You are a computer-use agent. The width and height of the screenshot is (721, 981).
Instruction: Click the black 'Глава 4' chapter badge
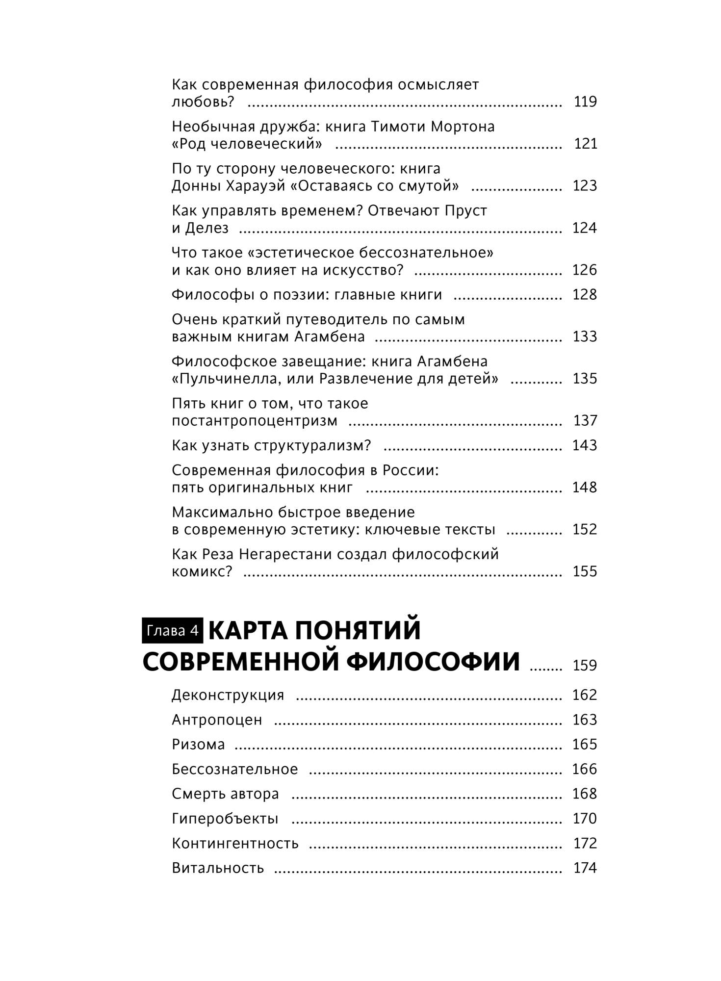(x=172, y=630)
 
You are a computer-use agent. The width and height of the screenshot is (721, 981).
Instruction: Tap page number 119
(x=585, y=102)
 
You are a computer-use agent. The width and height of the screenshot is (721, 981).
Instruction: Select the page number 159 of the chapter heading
(x=585, y=666)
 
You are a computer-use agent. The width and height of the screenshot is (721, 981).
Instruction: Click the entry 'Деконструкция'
(x=228, y=695)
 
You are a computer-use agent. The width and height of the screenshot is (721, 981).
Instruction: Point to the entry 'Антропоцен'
(x=217, y=720)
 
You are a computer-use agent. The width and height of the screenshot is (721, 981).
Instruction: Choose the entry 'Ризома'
(x=198, y=744)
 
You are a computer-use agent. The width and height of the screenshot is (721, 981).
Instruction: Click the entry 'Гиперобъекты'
(x=225, y=818)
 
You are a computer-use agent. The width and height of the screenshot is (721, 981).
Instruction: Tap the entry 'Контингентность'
(x=235, y=843)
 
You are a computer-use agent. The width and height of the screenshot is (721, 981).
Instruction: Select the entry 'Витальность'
(x=218, y=868)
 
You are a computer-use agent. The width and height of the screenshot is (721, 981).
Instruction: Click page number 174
(x=585, y=868)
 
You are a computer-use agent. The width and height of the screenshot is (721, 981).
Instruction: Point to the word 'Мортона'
(x=463, y=127)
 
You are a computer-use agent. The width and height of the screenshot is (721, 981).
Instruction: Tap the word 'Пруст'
(x=465, y=211)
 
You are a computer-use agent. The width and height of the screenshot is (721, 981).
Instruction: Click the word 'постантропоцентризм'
(x=255, y=421)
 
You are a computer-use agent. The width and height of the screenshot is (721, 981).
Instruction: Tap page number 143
(x=585, y=445)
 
